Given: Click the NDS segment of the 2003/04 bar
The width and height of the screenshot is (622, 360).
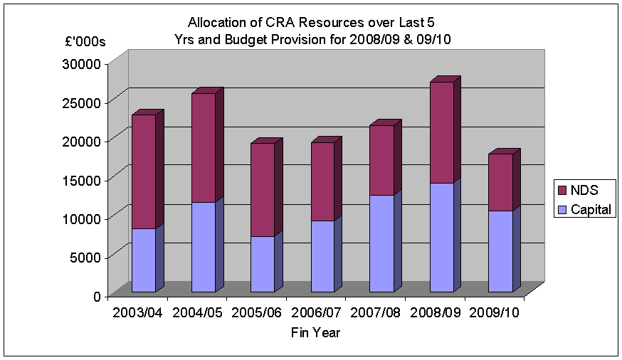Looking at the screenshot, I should point(133,171).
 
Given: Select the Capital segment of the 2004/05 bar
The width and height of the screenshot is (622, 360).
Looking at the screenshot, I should point(192,247).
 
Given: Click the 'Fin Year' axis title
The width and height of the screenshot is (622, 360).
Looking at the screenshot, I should point(315,332).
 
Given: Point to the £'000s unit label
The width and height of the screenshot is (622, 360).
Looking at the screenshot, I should point(85,41).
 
